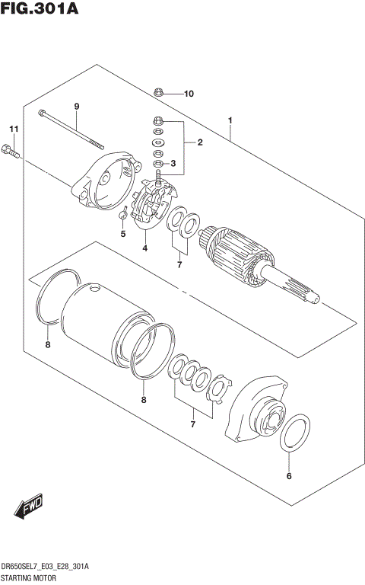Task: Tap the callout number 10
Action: [x=188, y=94]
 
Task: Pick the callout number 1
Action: [x=230, y=121]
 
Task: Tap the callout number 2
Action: [x=200, y=142]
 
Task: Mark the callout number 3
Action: [x=174, y=163]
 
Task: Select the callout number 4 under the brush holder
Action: [x=144, y=248]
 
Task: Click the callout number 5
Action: [x=122, y=234]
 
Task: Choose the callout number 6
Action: [x=289, y=477]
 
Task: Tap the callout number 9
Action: [x=77, y=106]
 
